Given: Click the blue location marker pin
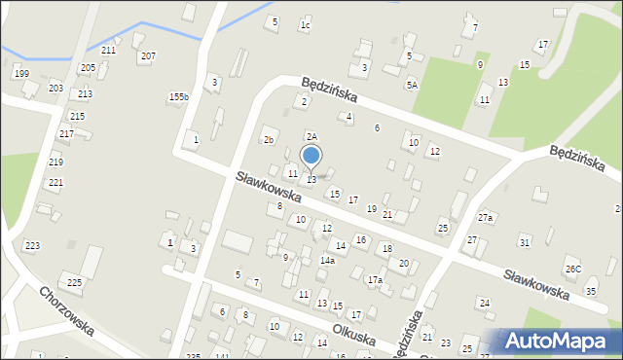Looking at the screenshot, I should click(x=311, y=156).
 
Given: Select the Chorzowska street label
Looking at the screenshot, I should click(x=66, y=309).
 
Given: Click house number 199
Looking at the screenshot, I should click(x=21, y=74).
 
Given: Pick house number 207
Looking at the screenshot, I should click(x=147, y=55).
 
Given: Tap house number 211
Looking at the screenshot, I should click(x=108, y=50).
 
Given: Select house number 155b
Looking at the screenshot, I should click(x=178, y=96).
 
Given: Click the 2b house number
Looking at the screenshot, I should click(x=269, y=139).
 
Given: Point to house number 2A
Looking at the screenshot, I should click(x=311, y=137).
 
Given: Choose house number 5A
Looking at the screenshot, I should click(x=413, y=86).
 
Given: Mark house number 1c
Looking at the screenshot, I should click(x=305, y=25).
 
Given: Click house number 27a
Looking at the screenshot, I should click(x=485, y=218).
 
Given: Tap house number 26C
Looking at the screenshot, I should click(x=572, y=269).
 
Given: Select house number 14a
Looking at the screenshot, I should click(x=328, y=261).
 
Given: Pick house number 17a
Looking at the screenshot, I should click(x=375, y=280).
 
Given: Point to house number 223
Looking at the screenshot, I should click(x=32, y=245).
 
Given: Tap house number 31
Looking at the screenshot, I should click(x=525, y=241).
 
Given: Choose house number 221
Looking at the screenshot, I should click(x=55, y=183).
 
